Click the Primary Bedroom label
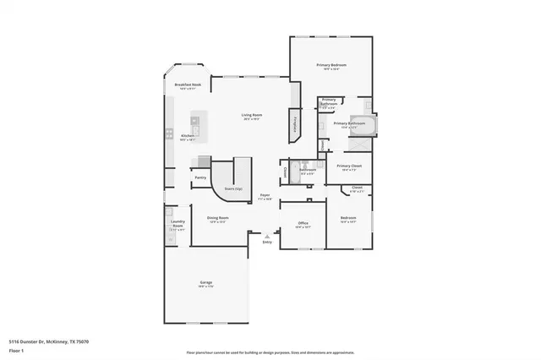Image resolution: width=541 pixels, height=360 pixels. tap(331, 65)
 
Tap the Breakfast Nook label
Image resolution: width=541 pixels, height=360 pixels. tap(188, 85)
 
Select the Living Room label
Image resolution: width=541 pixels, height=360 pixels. tap(251, 115)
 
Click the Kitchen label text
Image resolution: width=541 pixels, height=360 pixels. tap(188, 135)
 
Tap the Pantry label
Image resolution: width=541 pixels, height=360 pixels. tap(200, 177)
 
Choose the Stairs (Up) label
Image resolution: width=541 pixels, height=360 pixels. tap(233, 188)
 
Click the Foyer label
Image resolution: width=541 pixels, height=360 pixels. tap(265, 196)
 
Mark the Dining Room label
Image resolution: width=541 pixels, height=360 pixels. tap(218, 218)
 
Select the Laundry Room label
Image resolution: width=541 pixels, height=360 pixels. tap(178, 225)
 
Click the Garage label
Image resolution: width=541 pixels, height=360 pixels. tap(205, 282)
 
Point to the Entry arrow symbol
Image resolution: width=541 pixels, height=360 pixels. tap(267, 236)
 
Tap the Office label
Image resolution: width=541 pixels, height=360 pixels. tap(303, 223)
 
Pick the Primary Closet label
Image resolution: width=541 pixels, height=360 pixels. tap(349, 166)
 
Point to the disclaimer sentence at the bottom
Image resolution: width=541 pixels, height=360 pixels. tap(270, 352)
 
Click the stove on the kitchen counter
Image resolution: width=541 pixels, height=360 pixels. tap(170, 134)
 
